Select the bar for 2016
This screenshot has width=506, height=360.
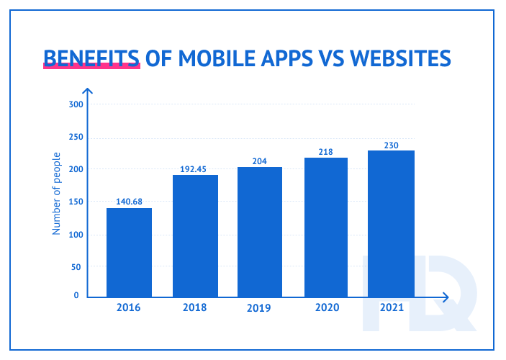point(129,252)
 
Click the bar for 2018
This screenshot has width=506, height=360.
point(195,235)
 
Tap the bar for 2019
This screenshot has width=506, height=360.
point(260,232)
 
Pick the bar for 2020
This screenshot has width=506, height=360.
point(325,227)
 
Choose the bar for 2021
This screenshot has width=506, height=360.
point(391,223)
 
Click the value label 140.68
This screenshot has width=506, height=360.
point(129,201)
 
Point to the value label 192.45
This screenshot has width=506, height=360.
point(195,168)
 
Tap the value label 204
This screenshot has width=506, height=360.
point(260,161)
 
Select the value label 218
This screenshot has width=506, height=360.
point(325,152)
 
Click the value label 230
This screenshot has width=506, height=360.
point(391,145)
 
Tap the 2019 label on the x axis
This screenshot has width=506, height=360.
point(260,307)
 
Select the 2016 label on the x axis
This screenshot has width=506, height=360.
point(129,307)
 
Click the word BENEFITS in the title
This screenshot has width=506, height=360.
point(91,58)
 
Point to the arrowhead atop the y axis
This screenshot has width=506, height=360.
point(87,91)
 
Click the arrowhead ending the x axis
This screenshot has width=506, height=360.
point(446,297)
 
